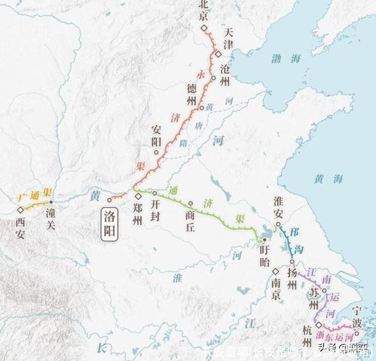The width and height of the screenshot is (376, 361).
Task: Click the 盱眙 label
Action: pyautogui.click(x=267, y=253)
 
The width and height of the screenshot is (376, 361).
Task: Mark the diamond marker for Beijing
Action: pyautogui.click(x=203, y=28)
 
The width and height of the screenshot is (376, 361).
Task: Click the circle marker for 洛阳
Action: pyautogui.click(x=109, y=200)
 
